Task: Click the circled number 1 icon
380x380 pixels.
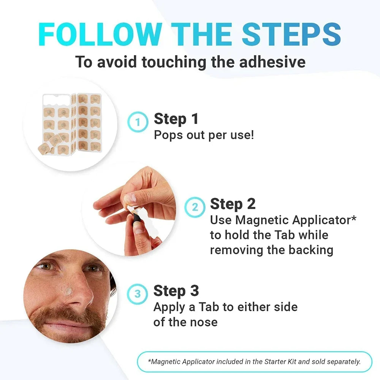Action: click(x=137, y=122)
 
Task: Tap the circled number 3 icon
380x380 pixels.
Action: click(x=138, y=294)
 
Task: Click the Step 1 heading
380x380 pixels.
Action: click(x=176, y=119)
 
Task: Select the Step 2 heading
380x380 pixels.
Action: click(x=233, y=204)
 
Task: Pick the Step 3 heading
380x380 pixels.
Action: click(x=176, y=291)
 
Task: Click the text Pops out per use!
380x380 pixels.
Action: click(x=204, y=135)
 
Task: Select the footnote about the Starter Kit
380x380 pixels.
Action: click(x=254, y=362)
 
